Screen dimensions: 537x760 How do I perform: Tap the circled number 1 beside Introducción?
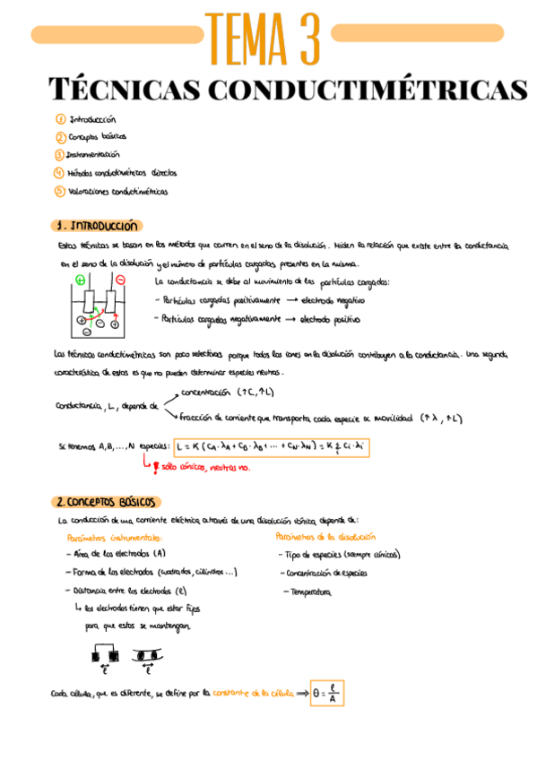[x=60, y=118]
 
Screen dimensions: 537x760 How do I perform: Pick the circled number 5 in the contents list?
[x=60, y=190]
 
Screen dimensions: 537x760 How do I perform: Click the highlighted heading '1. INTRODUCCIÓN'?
[x=95, y=226]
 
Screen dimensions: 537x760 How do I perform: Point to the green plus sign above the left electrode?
[x=80, y=280]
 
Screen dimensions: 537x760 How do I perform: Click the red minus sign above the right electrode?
[x=121, y=280]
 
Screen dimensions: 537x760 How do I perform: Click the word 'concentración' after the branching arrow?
[x=208, y=392]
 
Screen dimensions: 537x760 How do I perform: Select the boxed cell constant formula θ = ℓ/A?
[x=327, y=693]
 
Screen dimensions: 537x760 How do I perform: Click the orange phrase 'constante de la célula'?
[x=247, y=693]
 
